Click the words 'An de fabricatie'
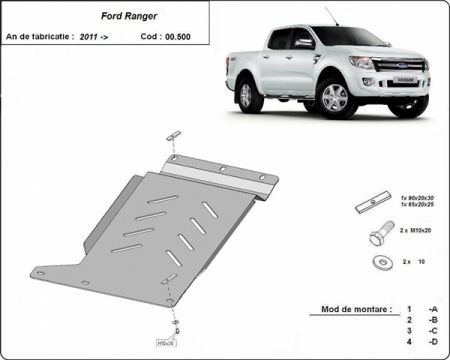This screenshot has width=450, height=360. [38, 35]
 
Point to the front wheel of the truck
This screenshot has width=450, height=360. [335, 98]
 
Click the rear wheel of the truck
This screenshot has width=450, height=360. [245, 95]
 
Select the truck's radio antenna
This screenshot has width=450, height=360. [331, 17]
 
